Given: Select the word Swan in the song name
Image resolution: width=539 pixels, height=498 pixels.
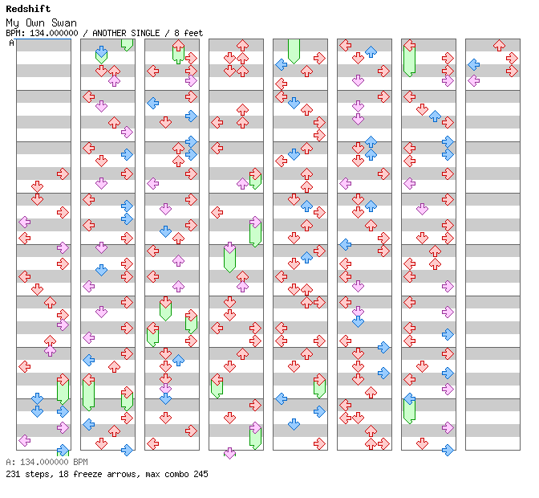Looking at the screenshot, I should (65, 23).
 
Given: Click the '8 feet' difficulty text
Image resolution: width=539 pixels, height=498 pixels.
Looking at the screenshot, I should (188, 33).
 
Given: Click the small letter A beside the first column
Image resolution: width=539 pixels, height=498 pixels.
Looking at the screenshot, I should (12, 43).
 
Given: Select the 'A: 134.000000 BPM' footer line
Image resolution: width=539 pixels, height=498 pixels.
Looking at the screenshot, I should (47, 463).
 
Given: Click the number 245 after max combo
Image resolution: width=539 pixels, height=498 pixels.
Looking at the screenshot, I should (200, 474).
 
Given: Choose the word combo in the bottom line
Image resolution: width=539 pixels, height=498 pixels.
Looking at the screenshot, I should (176, 474).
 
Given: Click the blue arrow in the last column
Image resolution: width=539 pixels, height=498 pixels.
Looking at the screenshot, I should (473, 64).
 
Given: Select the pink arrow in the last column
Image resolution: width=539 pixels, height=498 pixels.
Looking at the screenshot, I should (473, 80).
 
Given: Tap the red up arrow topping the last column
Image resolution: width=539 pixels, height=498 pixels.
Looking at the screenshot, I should (499, 45).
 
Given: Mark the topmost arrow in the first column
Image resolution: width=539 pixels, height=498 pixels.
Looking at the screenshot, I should (63, 173).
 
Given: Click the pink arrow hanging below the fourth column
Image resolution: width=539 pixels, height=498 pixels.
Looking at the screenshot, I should (229, 453).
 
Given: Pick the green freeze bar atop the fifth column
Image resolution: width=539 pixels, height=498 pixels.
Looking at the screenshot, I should (294, 50).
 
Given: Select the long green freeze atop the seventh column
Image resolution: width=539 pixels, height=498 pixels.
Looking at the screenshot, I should (409, 58).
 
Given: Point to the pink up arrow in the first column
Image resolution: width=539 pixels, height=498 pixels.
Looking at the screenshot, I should (50, 350).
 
